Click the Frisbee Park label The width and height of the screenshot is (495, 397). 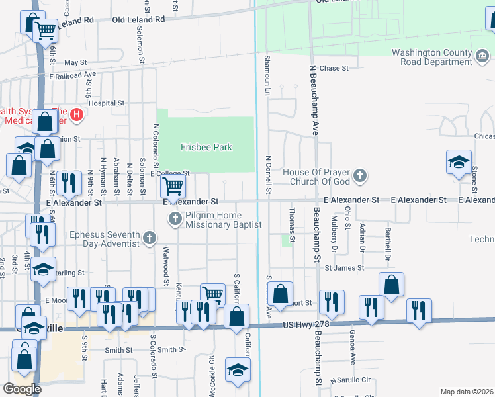point(206,147)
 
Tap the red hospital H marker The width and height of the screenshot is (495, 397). point(76,115)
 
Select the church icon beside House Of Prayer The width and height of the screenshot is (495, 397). point(359,176)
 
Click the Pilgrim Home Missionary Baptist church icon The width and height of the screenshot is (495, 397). point(175,218)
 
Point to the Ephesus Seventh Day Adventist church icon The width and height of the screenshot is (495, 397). point(150,238)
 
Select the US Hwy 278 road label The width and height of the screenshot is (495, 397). point(305,325)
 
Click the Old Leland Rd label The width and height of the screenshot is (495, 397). point(138,20)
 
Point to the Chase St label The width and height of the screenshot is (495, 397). point(334,68)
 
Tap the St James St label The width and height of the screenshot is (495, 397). point(344,267)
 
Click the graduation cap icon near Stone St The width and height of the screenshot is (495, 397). point(459,162)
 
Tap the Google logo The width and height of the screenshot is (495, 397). point(22,389)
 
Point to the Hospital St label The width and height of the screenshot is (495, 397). point(106,103)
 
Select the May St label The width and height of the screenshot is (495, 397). point(75,62)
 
